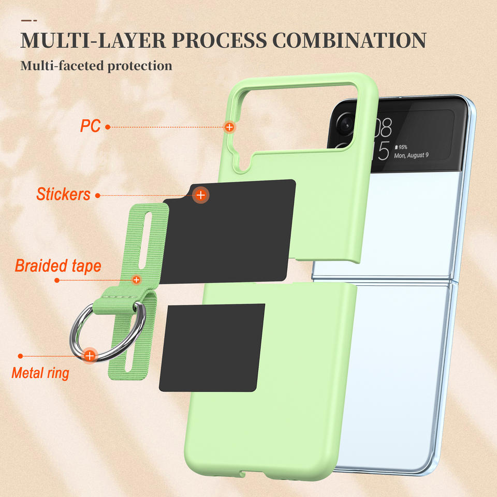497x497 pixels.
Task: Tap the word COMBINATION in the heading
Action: click(x=349, y=40)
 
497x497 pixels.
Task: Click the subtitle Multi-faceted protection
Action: click(x=96, y=66)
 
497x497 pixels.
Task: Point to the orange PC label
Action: click(x=90, y=126)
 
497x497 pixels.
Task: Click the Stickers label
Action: click(x=63, y=195)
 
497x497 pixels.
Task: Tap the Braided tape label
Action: click(x=58, y=266)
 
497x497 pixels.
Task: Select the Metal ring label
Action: click(x=40, y=373)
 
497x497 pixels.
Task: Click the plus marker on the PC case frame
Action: click(x=229, y=126)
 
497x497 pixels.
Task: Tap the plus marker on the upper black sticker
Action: click(x=200, y=195)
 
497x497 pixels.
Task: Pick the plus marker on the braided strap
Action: click(x=136, y=280)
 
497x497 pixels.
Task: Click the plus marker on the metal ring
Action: click(x=90, y=356)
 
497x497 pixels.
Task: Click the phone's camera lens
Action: click(x=345, y=123)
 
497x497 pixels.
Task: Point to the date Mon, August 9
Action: click(x=411, y=155)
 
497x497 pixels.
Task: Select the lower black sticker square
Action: click(x=212, y=347)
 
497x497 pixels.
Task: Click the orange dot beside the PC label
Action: click(x=107, y=126)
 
